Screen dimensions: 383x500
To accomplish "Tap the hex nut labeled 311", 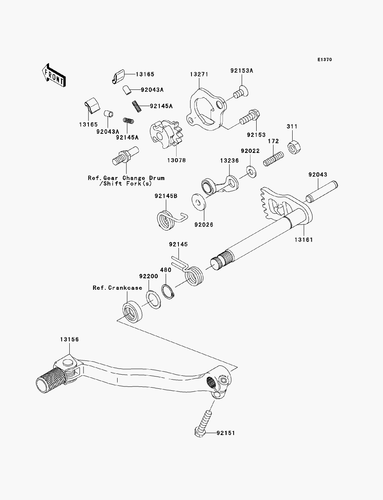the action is (x=294, y=148).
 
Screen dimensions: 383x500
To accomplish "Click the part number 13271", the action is (x=199, y=74).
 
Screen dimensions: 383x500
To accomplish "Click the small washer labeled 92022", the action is (x=251, y=172).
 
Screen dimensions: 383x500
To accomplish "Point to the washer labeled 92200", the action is (x=153, y=300).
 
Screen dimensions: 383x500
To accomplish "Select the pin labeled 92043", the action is (x=322, y=192).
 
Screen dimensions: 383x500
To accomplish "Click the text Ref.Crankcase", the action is (x=117, y=288).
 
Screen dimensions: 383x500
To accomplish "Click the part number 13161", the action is (x=304, y=240).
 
